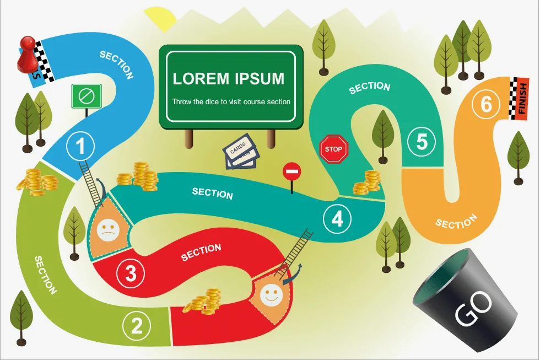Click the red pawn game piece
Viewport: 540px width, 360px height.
[x=24, y=54]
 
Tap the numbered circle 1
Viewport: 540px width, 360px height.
[x=80, y=147]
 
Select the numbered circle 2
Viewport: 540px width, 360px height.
[x=137, y=326]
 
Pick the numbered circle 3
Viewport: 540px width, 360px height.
[x=131, y=273]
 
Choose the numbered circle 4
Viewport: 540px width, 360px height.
[x=337, y=219]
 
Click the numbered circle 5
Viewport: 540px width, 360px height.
[x=422, y=142]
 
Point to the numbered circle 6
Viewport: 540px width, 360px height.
[x=486, y=104]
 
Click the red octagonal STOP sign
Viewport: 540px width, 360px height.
[x=333, y=149]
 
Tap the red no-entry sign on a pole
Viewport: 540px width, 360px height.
[x=291, y=173]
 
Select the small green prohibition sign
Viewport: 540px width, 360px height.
[x=87, y=96]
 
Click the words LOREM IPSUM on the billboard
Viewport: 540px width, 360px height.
[x=229, y=78]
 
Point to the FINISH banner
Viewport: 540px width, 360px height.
[x=521, y=98]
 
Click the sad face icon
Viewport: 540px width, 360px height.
[x=107, y=229]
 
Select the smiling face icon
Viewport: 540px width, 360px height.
[x=270, y=294]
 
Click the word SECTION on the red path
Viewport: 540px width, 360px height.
[x=201, y=252]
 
